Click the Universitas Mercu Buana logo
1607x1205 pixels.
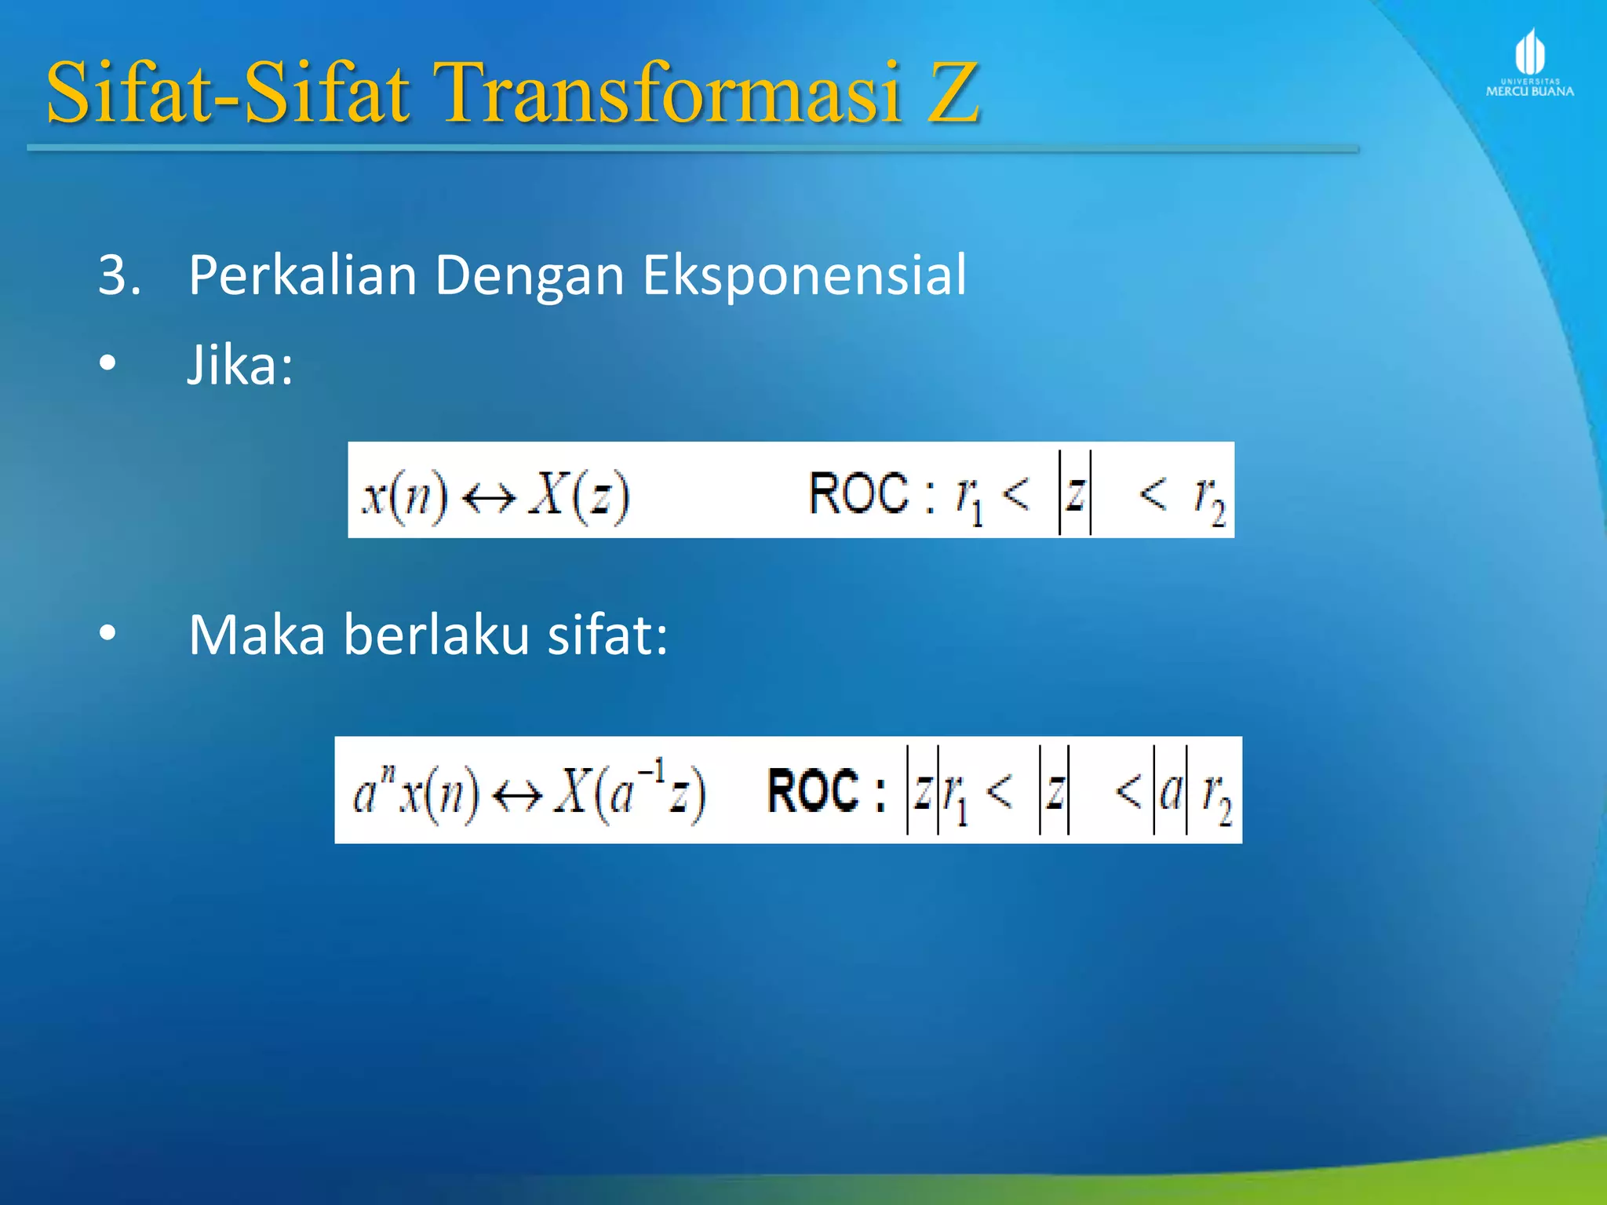pos(1529,63)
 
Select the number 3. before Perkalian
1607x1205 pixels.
pos(119,275)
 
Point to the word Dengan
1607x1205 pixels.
pos(529,277)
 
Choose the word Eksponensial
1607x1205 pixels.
pos(804,277)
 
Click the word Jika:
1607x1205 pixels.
pos(240,366)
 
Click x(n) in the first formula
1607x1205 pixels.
pos(404,496)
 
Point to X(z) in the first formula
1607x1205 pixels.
pos(579,496)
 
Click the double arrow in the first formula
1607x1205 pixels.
pos(488,497)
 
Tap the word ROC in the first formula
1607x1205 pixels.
pos(858,494)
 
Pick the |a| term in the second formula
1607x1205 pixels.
pos(1170,791)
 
